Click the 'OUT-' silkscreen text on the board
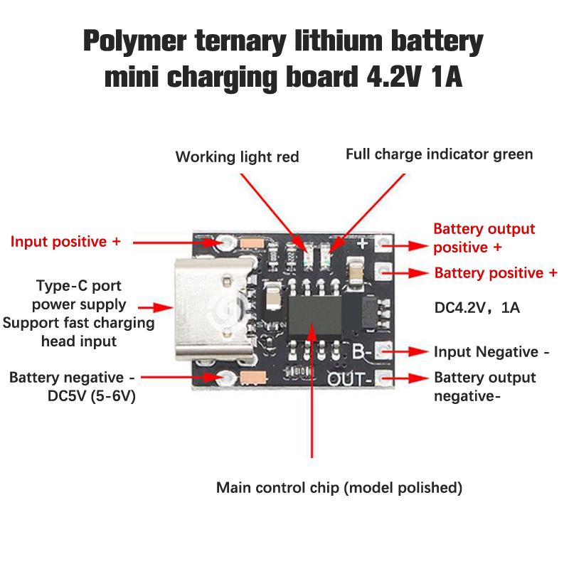350,378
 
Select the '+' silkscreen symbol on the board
362,244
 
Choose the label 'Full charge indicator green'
439,154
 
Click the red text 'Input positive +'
65,242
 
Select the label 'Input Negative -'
491,352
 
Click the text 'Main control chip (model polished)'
339,488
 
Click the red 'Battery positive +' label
496,273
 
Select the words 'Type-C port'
79,287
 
